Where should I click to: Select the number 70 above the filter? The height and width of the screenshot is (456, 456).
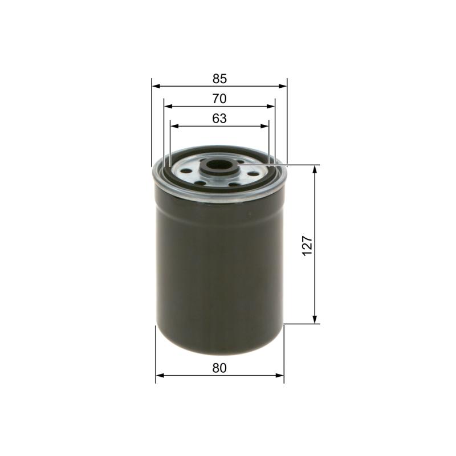tap(219, 99)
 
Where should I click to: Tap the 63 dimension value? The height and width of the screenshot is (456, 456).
tap(219, 119)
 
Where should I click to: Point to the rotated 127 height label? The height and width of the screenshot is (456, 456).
tap(306, 245)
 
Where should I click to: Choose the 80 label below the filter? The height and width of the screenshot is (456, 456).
tap(219, 368)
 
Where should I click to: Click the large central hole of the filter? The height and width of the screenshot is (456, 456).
tap(219, 168)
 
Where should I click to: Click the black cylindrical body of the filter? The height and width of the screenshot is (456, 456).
tap(219, 268)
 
